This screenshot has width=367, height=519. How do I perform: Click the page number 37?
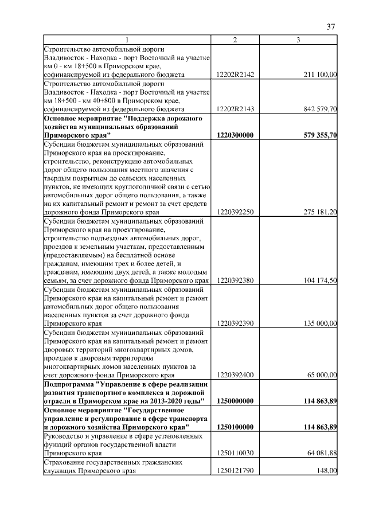pos(331,27)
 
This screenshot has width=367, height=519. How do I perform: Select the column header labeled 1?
pos(127,40)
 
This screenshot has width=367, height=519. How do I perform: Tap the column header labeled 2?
pos(235,40)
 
